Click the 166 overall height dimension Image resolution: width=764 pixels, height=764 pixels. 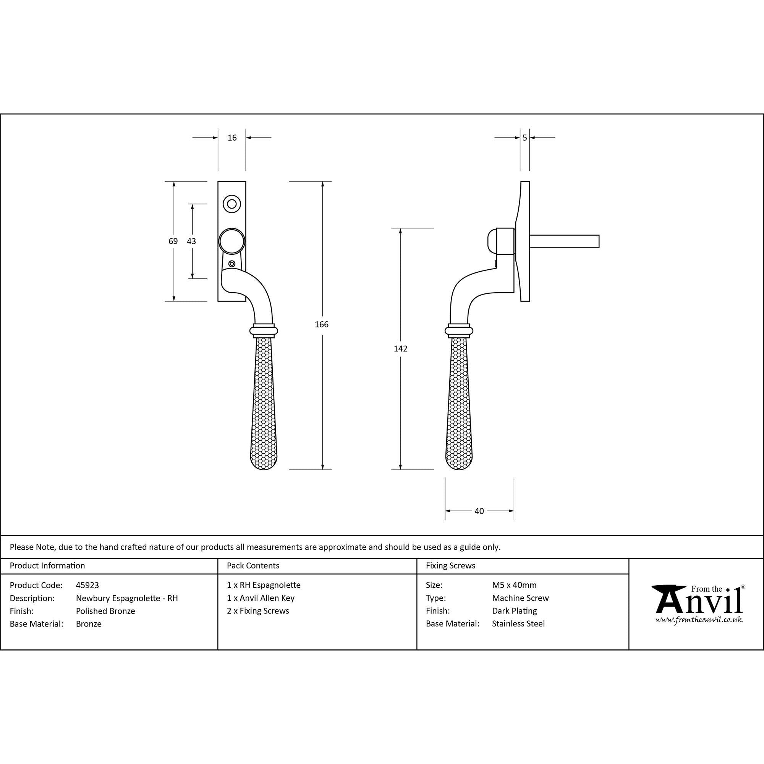point(322,325)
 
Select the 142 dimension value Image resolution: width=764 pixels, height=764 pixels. point(401,349)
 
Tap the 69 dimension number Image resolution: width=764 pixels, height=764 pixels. point(173,241)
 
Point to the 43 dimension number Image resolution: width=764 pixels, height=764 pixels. point(191,241)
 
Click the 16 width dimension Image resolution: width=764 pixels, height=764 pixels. point(232,138)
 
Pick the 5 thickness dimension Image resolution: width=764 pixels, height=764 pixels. point(525,138)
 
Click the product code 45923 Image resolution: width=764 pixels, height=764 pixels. point(87,585)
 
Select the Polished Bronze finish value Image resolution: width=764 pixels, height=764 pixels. point(105,611)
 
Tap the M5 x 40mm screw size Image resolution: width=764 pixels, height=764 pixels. point(514,585)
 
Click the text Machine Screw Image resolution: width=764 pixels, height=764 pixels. point(520,598)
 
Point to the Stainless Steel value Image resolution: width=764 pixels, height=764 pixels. point(518,624)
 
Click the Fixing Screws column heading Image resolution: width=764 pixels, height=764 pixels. point(450,566)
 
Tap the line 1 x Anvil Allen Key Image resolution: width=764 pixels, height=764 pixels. point(261,598)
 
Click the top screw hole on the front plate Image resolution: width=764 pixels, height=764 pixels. point(232,204)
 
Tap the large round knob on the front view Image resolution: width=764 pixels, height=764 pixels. point(232,241)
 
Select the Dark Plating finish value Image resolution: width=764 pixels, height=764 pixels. point(515,611)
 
